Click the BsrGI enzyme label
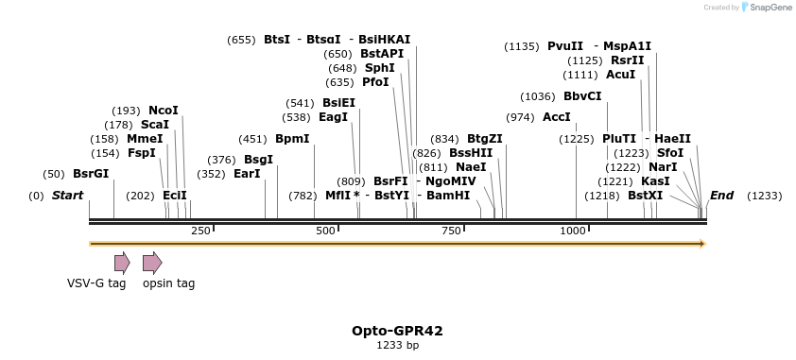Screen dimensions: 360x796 (x=91, y=174)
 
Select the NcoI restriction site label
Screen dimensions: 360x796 (x=163, y=111)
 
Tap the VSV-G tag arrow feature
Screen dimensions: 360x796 (x=121, y=263)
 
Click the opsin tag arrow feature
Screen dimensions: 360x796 (x=151, y=263)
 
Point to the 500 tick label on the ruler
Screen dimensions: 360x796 (x=326, y=231)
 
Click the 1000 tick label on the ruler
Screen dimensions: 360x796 (x=575, y=231)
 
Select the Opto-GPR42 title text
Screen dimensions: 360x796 (x=397, y=331)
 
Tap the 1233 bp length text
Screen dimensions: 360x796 (x=397, y=346)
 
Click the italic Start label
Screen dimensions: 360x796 (x=67, y=196)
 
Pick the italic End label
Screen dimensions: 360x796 (x=721, y=196)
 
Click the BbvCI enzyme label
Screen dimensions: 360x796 (x=582, y=96)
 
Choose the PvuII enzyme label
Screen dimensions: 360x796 (x=565, y=46)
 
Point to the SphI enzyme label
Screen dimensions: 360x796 (x=380, y=68)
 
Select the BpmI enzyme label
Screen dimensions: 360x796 (x=292, y=139)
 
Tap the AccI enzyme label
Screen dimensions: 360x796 (x=557, y=117)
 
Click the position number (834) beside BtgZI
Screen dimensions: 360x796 (x=443, y=139)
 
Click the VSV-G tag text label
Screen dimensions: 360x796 (x=96, y=283)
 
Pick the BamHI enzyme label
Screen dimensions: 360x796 (x=448, y=196)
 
